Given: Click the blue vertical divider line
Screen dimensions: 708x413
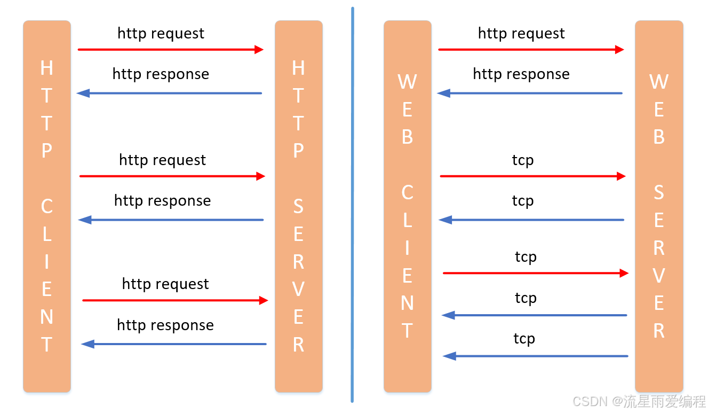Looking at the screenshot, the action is [353, 205].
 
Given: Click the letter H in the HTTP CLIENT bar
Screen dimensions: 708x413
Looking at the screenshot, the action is [47, 68].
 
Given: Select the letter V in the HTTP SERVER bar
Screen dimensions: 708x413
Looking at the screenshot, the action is [298, 289].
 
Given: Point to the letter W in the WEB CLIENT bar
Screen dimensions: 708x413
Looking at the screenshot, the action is [408, 82].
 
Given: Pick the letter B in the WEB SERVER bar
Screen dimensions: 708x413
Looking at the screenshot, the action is [659, 137].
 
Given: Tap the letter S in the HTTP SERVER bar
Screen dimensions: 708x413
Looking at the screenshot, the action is [298, 206].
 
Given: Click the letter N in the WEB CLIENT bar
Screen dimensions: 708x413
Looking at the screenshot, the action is [408, 303].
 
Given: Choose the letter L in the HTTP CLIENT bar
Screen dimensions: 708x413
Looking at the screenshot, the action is [47, 234].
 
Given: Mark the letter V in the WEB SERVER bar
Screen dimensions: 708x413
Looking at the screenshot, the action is [659, 275].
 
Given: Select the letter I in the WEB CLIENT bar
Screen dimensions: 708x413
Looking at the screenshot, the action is [408, 247].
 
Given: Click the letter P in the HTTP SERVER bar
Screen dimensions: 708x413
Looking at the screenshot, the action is [298, 151].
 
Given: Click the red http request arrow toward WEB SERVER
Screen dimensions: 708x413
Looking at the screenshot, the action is [531, 50].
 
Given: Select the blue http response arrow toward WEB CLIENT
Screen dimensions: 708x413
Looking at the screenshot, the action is [530, 93].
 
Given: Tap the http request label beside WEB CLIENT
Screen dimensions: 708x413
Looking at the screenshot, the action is [521, 34].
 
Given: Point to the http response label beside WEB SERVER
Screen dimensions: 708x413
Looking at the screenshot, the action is [521, 74].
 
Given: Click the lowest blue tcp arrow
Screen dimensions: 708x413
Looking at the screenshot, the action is [536, 356].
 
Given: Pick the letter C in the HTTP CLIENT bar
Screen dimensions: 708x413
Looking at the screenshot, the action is [47, 206].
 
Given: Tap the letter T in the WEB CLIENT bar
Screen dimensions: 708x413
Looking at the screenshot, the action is [408, 330].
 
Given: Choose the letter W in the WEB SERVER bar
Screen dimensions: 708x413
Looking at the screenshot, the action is [659, 82].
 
